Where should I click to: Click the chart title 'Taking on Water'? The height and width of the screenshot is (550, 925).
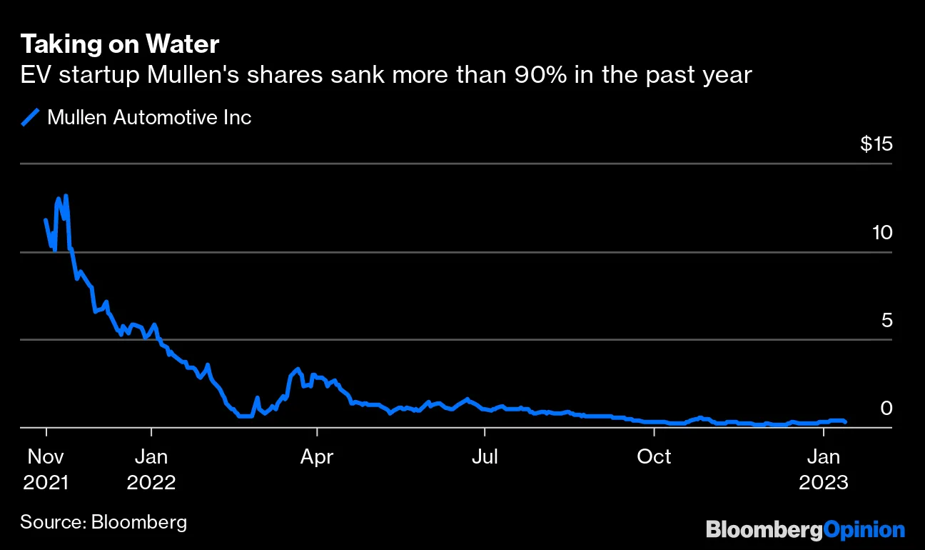[119, 44]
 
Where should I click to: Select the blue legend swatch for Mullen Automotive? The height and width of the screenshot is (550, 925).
[31, 117]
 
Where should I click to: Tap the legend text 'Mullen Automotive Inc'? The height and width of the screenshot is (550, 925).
[149, 117]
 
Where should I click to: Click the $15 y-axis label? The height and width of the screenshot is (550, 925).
[876, 144]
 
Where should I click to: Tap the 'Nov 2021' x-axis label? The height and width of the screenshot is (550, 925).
[46, 469]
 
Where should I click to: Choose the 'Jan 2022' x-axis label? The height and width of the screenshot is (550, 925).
[151, 469]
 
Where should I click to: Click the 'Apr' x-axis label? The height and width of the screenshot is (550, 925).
[316, 456]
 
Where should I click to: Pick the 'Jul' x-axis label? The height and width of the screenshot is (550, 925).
[485, 456]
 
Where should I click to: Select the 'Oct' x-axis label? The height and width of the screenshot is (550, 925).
[654, 456]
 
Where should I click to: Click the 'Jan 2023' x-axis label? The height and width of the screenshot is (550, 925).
[824, 469]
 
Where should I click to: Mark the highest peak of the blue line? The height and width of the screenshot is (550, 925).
[66, 195]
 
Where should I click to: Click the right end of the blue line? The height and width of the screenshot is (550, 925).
[846, 422]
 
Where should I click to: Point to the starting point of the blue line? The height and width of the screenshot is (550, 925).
[46, 220]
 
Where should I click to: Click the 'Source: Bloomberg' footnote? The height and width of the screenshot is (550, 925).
[103, 521]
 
